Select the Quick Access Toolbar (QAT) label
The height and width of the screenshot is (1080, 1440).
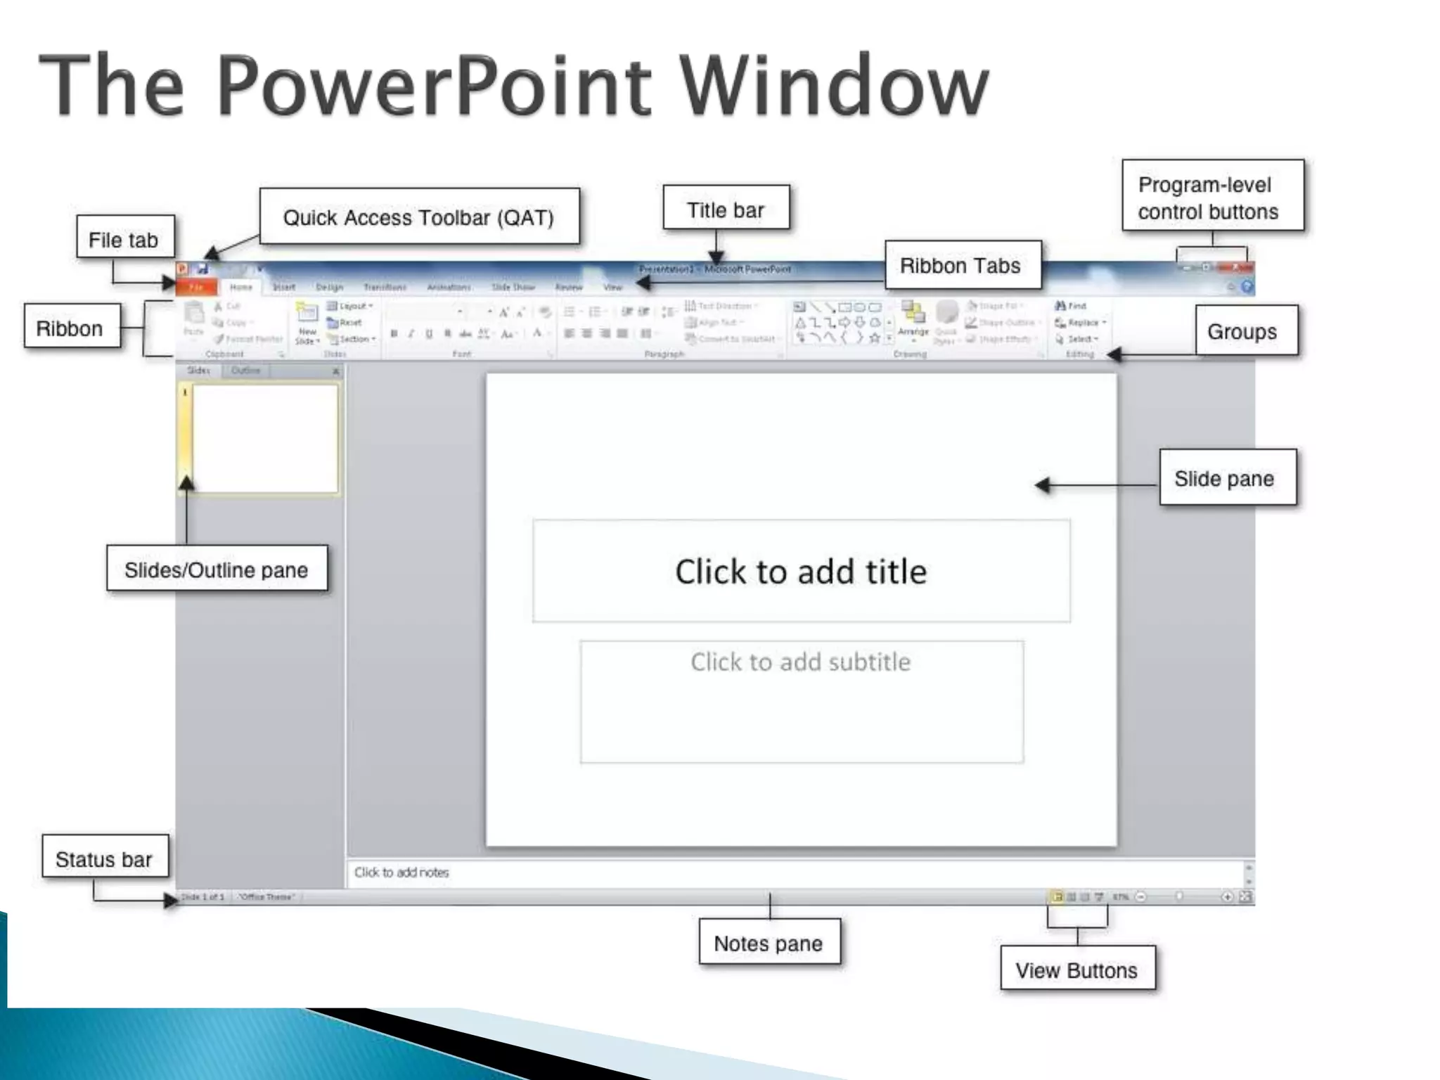click(419, 217)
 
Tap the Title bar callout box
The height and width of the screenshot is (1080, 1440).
click(726, 209)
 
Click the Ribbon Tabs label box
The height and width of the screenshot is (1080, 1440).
click(961, 265)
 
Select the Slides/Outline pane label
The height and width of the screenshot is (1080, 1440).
click(217, 569)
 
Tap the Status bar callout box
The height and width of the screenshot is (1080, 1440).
click(105, 858)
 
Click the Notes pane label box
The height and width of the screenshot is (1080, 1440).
click(769, 942)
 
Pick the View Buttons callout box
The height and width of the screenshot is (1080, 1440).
click(1076, 969)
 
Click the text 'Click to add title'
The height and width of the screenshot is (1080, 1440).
click(801, 571)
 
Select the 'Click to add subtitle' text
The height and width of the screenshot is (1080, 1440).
click(801, 662)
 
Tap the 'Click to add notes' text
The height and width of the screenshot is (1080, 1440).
click(401, 872)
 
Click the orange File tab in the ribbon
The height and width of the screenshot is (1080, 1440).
click(196, 287)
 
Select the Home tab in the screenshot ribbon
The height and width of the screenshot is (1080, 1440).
click(240, 287)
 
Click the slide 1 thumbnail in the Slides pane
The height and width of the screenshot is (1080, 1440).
click(265, 439)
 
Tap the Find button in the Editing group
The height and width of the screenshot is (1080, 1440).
click(1072, 306)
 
